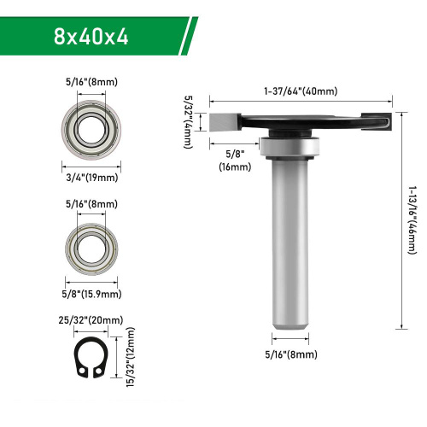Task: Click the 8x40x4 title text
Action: coord(91,37)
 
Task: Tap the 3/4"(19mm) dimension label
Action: coord(92,178)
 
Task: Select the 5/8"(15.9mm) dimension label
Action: coord(91,294)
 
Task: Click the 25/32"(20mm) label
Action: coord(91,320)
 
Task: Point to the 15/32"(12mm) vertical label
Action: coord(130,357)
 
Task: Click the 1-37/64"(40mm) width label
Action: coord(301,91)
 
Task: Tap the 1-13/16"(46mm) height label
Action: coord(412,220)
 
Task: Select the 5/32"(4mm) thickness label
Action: coord(188,122)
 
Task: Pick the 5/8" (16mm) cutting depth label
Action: coord(235,161)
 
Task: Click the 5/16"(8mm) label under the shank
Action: coord(291,354)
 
